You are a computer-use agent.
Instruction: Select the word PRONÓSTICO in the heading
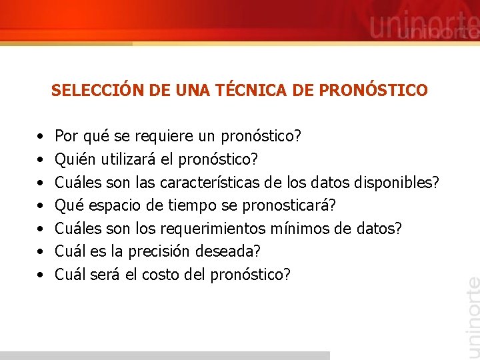pos(375,90)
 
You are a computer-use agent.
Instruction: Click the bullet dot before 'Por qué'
pos(41,137)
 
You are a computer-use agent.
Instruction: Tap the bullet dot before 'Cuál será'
pos(41,275)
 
